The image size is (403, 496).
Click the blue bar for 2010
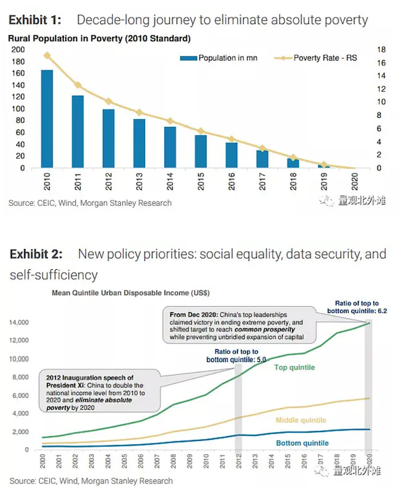(47, 119)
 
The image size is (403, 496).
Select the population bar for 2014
(170, 147)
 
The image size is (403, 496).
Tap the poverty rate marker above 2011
(78, 85)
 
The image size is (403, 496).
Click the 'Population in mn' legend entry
(219, 58)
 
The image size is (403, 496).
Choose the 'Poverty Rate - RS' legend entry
(316, 58)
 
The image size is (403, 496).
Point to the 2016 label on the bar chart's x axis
(231, 181)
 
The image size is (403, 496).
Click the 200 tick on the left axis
(18, 50)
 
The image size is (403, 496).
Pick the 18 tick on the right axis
(382, 50)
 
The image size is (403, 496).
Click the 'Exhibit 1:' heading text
(35, 20)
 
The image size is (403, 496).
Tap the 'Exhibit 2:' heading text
(36, 254)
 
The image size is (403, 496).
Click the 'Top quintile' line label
(294, 367)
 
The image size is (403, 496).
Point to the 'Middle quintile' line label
(301, 420)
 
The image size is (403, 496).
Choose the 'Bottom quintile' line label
(302, 443)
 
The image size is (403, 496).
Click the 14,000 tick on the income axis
(19, 322)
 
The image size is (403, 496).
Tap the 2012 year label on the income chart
(239, 461)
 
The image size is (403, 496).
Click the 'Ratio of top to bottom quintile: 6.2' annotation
(357, 307)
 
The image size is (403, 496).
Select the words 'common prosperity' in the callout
(265, 330)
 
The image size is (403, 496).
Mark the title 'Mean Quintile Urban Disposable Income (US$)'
(131, 293)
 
